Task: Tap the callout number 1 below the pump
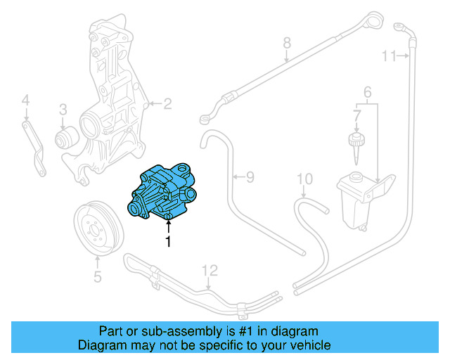coord(168,242)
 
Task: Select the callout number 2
coord(167,105)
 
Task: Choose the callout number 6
coord(366,91)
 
